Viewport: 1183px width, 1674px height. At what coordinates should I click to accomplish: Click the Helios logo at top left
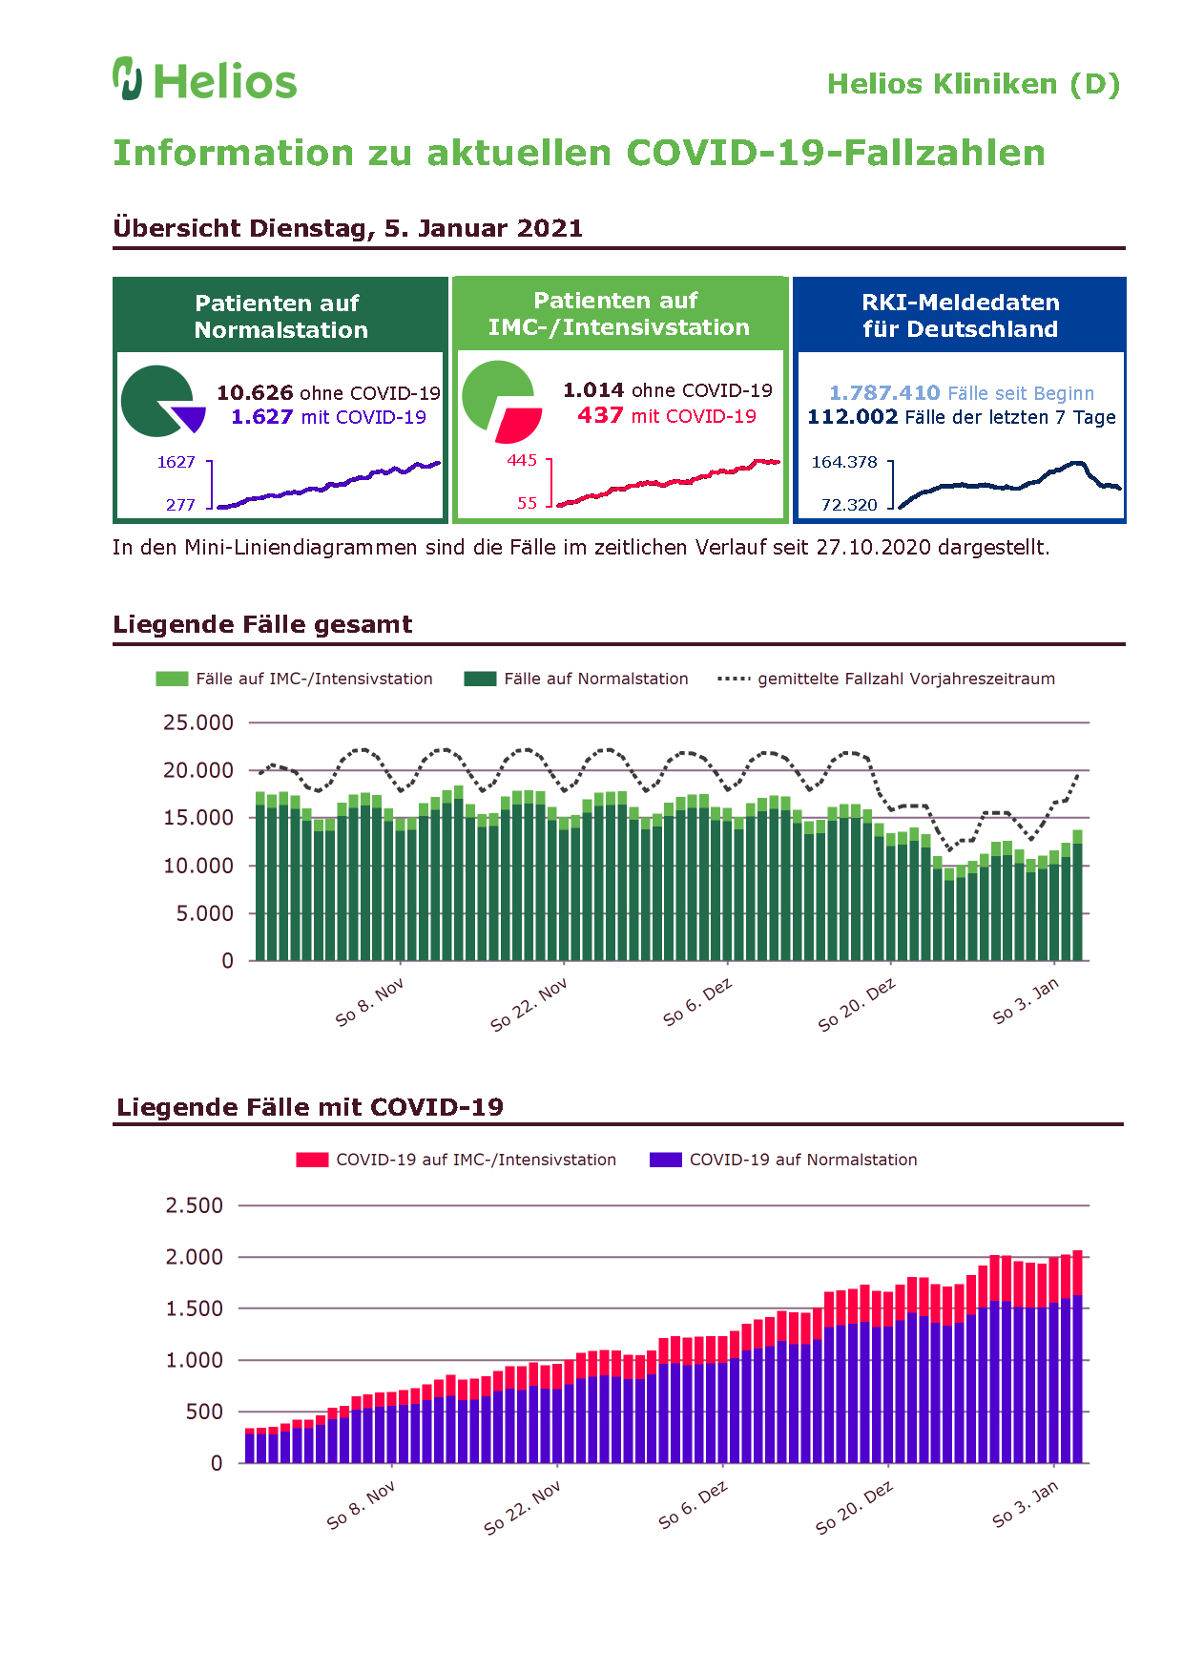pyautogui.click(x=205, y=79)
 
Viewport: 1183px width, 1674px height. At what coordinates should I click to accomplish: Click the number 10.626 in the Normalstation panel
pyautogui.click(x=255, y=393)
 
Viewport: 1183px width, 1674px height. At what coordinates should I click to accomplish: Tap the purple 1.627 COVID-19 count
pyautogui.click(x=261, y=417)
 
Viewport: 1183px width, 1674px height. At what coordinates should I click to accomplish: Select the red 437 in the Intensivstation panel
pyautogui.click(x=600, y=415)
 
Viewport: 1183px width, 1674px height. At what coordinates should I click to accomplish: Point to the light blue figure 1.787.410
pyautogui.click(x=884, y=393)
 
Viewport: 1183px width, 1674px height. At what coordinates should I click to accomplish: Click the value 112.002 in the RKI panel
pyautogui.click(x=853, y=417)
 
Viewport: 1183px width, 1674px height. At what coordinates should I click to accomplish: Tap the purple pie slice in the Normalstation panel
pyautogui.click(x=190, y=419)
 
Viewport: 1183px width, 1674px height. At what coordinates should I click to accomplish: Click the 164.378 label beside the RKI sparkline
pyautogui.click(x=844, y=462)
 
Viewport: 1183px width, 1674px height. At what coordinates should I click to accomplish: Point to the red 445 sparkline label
pyautogui.click(x=522, y=460)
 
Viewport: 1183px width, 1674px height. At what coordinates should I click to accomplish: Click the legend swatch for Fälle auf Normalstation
pyautogui.click(x=480, y=679)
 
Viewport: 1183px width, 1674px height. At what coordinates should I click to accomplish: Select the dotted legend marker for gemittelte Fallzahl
pyautogui.click(x=734, y=679)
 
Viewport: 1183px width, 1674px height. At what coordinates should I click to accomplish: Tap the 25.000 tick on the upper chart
pyautogui.click(x=198, y=722)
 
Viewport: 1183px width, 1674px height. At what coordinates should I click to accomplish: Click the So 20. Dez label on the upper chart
pyautogui.click(x=857, y=1005)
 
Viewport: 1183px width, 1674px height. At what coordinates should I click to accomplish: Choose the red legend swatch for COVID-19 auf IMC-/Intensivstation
pyautogui.click(x=312, y=1160)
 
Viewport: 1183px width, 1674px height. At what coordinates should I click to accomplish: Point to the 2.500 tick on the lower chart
pyautogui.click(x=195, y=1205)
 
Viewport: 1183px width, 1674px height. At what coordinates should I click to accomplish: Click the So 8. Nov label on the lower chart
pyautogui.click(x=361, y=1506)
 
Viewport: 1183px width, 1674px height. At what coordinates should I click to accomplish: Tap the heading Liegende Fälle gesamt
pyautogui.click(x=262, y=624)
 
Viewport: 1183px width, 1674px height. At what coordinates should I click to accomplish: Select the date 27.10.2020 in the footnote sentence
pyautogui.click(x=874, y=548)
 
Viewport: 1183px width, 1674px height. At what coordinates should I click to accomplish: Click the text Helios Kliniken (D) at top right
pyautogui.click(x=973, y=84)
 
